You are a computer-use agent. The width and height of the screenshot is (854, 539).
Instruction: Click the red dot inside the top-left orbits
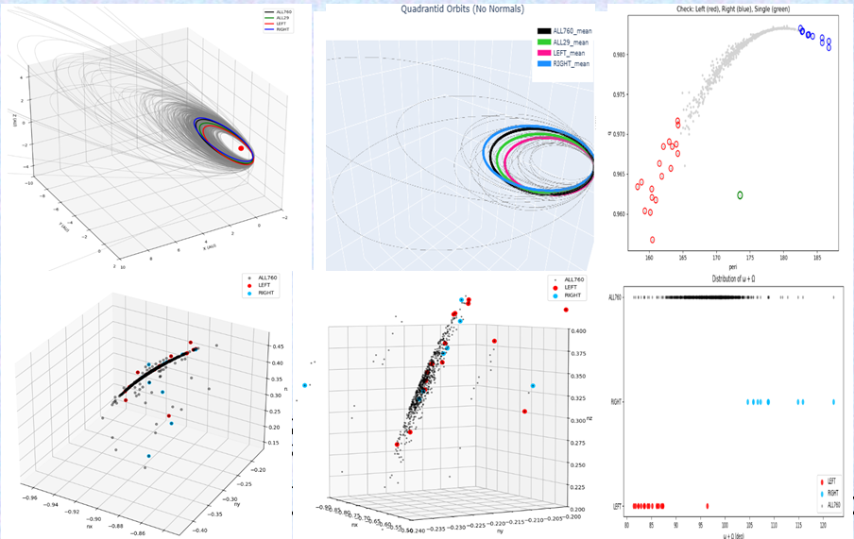click(x=241, y=148)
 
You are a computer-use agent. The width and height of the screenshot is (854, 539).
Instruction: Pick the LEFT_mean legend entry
click(x=564, y=53)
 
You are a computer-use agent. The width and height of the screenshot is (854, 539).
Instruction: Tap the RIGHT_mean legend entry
click(x=564, y=64)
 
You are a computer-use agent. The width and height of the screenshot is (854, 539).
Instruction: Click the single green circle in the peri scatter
click(x=740, y=194)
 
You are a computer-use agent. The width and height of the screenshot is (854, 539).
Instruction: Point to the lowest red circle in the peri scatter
click(x=653, y=240)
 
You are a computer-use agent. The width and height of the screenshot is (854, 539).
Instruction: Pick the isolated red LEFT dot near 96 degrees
click(x=708, y=506)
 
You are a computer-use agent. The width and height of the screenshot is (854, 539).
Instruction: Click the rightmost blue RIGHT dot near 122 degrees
click(x=834, y=402)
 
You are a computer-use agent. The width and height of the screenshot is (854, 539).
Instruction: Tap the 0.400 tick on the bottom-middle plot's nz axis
click(x=578, y=331)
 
